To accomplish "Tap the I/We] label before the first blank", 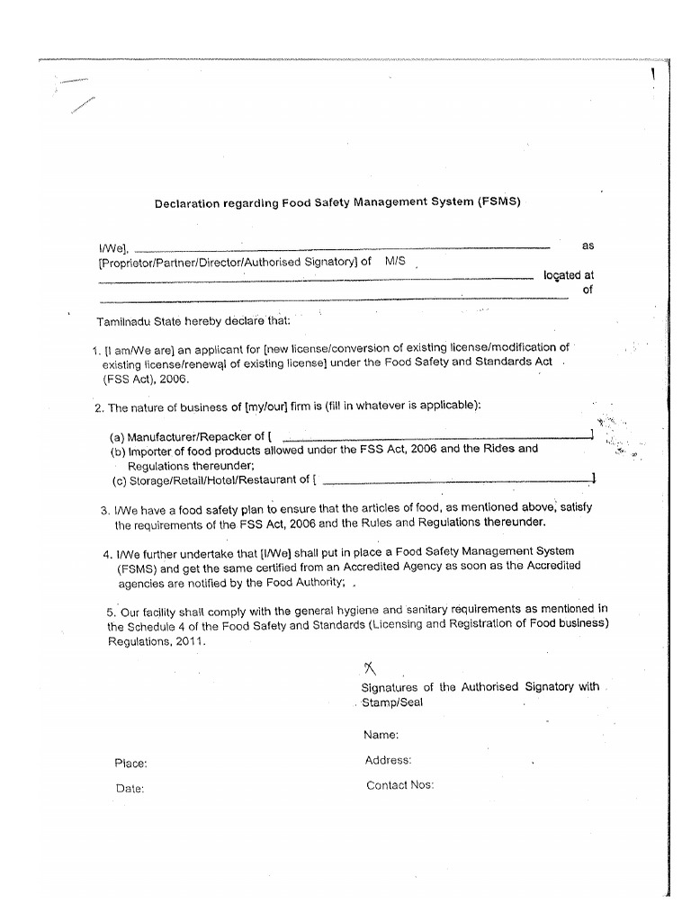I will pos(113,248).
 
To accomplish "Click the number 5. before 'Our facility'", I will pos(111,612).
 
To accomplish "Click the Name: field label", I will pos(381,735).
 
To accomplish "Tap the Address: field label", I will pos(388,760).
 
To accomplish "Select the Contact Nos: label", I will pos(399,785).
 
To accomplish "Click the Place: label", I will pos(130,764).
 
